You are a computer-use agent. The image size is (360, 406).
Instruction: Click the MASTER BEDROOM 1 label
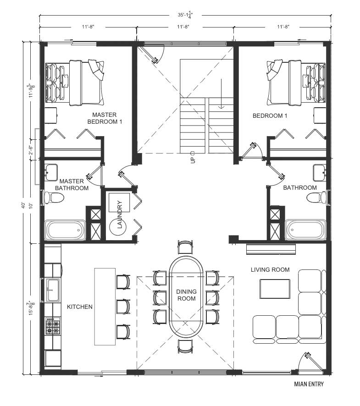click(105, 118)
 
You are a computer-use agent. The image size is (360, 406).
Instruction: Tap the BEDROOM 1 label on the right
click(270, 116)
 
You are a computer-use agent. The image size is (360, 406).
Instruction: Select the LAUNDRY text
click(120, 214)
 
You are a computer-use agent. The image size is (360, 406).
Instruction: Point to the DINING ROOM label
click(186, 295)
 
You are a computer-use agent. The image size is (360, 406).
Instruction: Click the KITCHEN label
click(80, 307)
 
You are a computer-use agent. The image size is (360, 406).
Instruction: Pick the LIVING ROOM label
click(270, 269)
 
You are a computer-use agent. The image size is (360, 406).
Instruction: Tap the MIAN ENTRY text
click(309, 384)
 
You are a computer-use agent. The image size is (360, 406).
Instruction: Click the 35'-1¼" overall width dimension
click(185, 15)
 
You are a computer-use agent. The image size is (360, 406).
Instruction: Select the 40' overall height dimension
click(23, 206)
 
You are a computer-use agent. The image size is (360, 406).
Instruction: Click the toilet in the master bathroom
click(53, 198)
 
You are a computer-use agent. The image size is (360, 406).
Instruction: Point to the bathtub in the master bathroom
click(65, 230)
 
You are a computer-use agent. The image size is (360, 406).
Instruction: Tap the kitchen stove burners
click(53, 326)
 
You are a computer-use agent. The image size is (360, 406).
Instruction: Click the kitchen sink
click(53, 290)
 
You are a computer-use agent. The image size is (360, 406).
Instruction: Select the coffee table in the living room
click(275, 289)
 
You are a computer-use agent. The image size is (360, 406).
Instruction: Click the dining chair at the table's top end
click(185, 247)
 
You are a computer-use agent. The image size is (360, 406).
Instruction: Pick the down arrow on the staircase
click(221, 94)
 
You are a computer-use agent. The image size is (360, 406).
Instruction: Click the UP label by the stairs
click(193, 157)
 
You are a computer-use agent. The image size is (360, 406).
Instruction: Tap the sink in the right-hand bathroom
click(319, 173)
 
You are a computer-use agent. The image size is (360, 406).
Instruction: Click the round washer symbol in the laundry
click(118, 227)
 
